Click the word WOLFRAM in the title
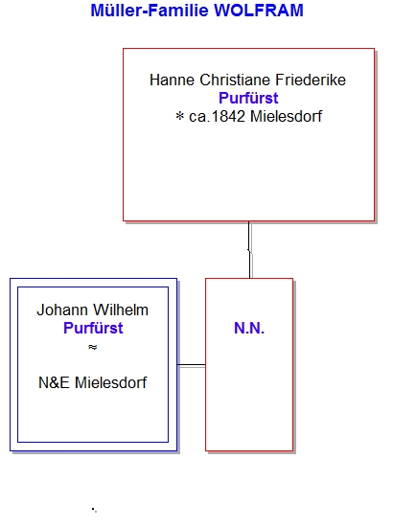click(x=259, y=11)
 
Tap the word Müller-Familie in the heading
click(x=150, y=11)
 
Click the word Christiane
click(x=235, y=80)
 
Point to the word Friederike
click(x=311, y=80)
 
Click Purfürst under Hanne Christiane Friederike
click(x=248, y=99)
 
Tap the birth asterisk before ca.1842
click(x=180, y=116)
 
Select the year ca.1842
click(x=217, y=117)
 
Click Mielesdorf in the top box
click(x=287, y=117)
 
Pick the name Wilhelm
click(x=121, y=310)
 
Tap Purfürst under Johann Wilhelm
click(x=93, y=329)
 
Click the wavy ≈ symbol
click(x=93, y=347)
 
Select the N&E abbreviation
click(x=54, y=383)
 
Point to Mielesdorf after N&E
click(x=111, y=383)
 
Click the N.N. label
click(x=249, y=329)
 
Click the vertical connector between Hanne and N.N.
click(x=249, y=249)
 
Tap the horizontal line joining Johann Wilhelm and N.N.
click(x=192, y=365)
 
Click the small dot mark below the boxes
click(x=94, y=510)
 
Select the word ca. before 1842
click(x=199, y=117)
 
